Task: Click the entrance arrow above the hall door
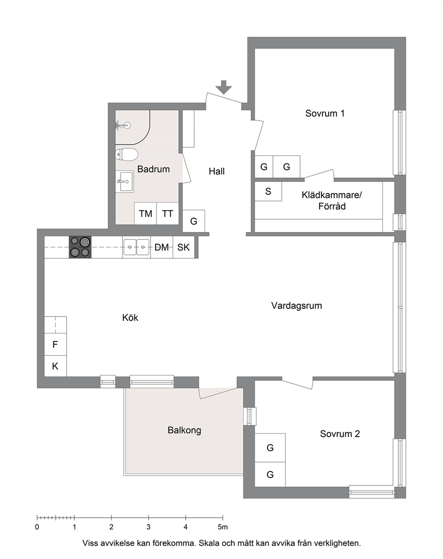[x=223, y=87]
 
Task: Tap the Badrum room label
[x=153, y=169]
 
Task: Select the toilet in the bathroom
[x=126, y=154]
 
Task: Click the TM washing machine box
[x=145, y=213]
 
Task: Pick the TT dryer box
[x=167, y=213]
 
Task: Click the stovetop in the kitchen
[x=80, y=247]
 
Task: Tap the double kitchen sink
[x=136, y=247]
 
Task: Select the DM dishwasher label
[x=162, y=247]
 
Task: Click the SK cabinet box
[x=184, y=247]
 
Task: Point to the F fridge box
[x=55, y=344]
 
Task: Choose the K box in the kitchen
[x=55, y=366]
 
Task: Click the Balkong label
[x=184, y=430]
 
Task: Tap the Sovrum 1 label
[x=325, y=113]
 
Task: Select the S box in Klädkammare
[x=268, y=191]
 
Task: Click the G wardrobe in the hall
[x=193, y=221]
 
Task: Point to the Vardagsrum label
[x=297, y=306]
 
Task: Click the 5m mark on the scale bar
[x=223, y=517]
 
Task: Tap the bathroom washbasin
[x=125, y=181]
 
